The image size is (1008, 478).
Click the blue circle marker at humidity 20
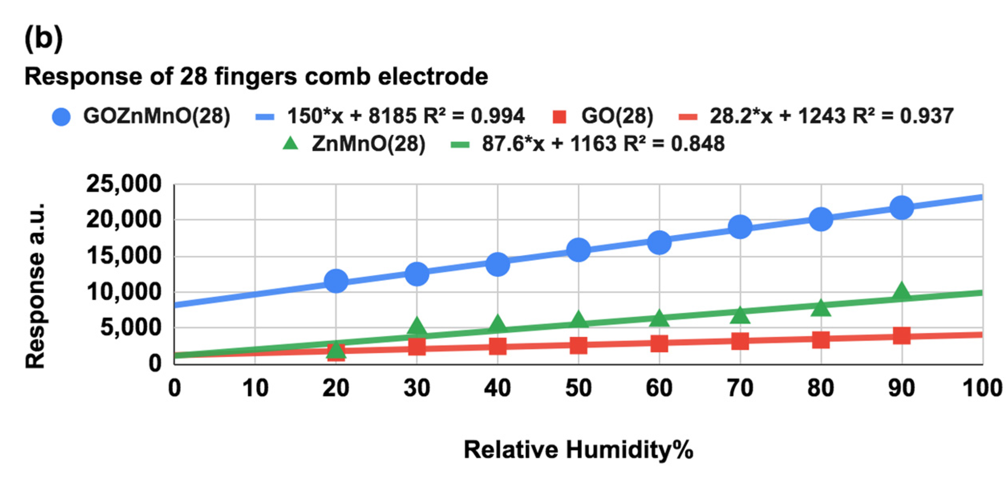point(336,281)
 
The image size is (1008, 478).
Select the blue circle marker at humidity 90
point(902,208)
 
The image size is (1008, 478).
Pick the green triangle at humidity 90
point(902,292)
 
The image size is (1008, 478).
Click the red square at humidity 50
point(578,345)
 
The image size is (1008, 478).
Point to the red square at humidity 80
point(821,340)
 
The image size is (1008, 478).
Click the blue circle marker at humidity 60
point(659,242)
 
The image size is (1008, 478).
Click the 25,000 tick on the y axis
point(123,184)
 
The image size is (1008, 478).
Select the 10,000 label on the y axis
point(123,292)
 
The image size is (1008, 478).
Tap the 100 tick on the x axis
point(982,388)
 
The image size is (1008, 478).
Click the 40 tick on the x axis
point(497,388)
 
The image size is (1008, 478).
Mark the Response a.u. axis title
point(35,286)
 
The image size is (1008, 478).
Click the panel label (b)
point(43,38)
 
